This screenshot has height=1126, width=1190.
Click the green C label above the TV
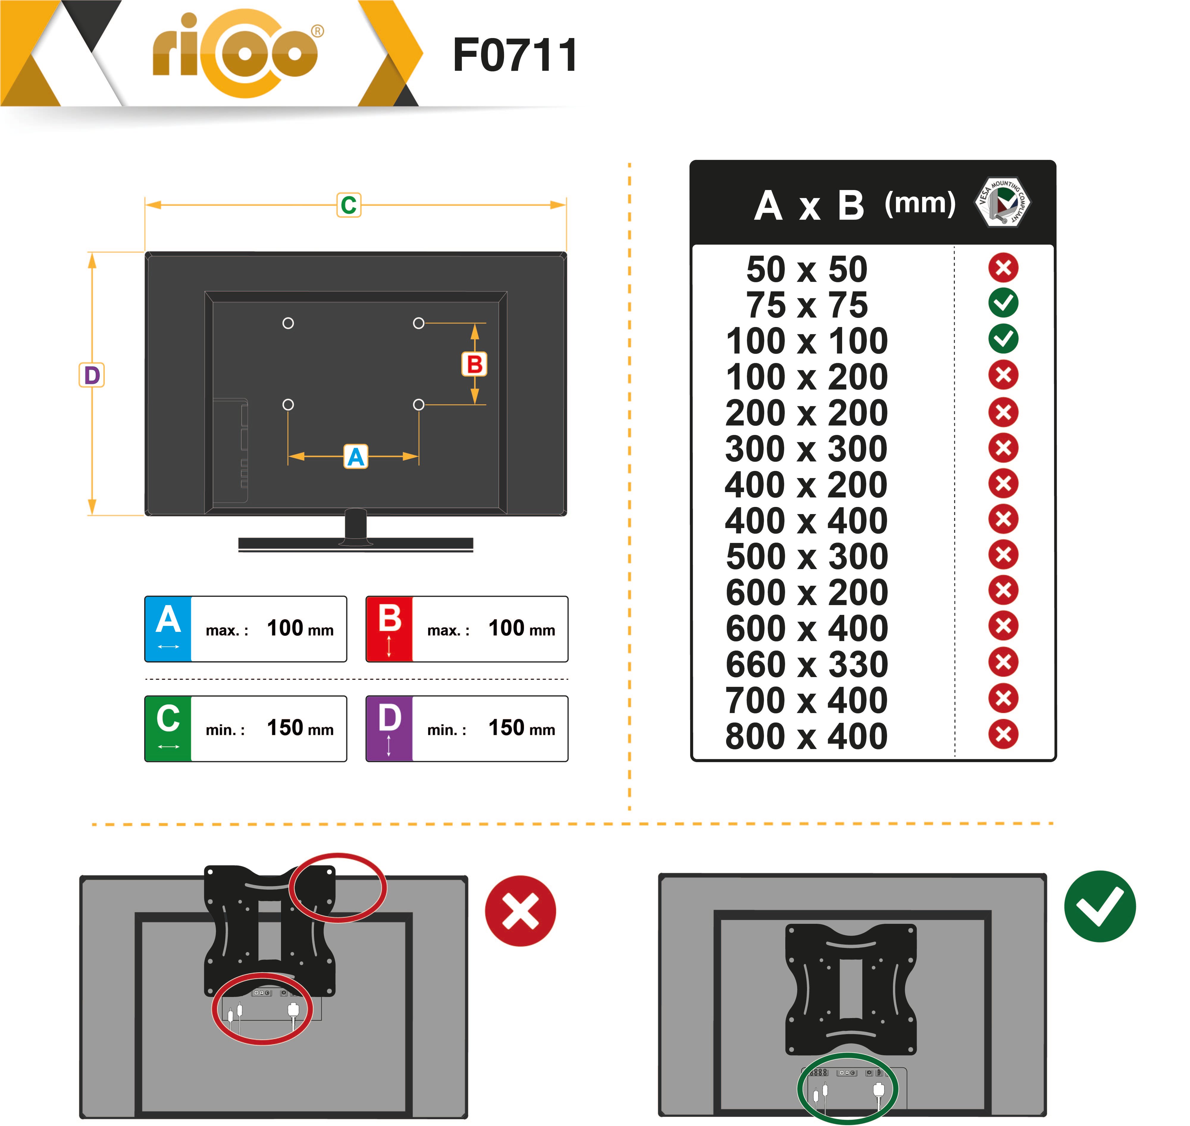click(x=349, y=205)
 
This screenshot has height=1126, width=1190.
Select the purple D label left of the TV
click(x=92, y=375)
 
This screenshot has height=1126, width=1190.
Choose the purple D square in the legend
click(x=389, y=729)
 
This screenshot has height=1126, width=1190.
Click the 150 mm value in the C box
click(x=300, y=728)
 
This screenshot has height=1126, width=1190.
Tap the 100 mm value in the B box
click(x=522, y=628)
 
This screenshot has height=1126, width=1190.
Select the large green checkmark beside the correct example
click(x=1100, y=906)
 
